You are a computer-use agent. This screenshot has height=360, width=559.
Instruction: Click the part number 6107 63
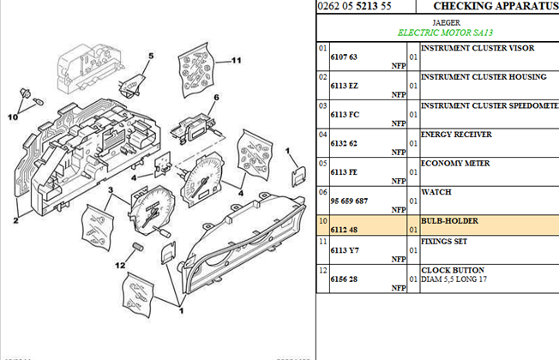click(x=343, y=57)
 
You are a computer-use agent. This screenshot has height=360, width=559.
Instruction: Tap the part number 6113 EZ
click(x=343, y=86)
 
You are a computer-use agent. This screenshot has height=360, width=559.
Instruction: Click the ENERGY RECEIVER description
click(x=457, y=135)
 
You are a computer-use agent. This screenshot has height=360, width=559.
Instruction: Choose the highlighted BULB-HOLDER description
click(x=449, y=221)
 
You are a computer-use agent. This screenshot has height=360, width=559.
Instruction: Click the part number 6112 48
click(x=343, y=230)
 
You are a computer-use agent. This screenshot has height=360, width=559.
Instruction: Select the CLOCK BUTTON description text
click(x=453, y=270)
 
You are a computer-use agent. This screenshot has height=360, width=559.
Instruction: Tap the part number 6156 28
click(x=343, y=279)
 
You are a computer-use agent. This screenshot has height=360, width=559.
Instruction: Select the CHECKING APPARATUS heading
click(x=496, y=6)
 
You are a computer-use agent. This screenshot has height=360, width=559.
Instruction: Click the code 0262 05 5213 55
click(x=354, y=6)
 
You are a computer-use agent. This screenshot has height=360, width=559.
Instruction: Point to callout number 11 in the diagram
click(x=237, y=61)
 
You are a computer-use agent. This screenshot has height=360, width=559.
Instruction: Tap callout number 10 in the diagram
click(x=13, y=116)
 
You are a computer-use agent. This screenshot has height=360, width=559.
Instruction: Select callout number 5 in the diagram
click(x=149, y=57)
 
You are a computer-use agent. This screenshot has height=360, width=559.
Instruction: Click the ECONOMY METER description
click(x=455, y=163)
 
